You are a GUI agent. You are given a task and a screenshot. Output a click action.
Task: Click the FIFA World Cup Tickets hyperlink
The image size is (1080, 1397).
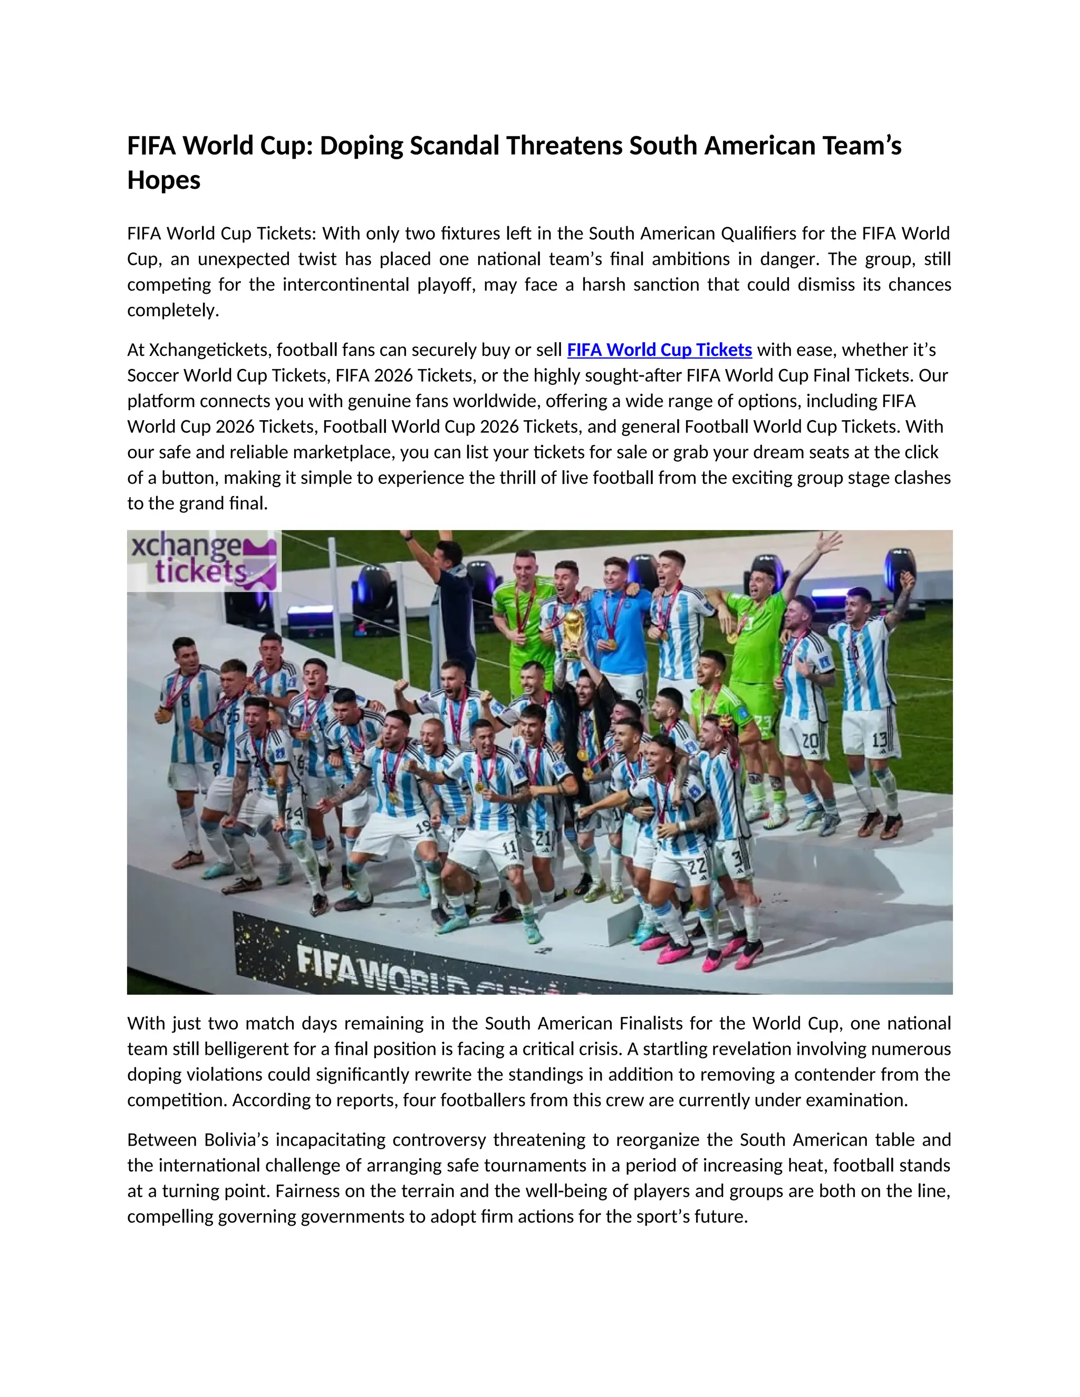click(659, 350)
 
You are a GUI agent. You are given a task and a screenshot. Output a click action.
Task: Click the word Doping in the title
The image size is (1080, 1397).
click(361, 146)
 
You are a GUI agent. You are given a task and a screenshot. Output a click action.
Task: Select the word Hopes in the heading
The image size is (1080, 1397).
click(164, 180)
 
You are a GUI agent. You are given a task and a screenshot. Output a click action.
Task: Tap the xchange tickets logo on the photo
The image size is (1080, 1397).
click(204, 561)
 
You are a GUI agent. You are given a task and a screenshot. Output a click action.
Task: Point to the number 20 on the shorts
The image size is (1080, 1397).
click(809, 741)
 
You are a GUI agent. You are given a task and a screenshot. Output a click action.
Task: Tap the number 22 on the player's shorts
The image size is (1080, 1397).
click(697, 866)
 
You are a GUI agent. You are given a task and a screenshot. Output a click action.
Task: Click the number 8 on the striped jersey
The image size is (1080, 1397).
click(185, 698)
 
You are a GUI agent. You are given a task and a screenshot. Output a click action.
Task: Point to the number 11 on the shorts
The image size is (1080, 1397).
click(509, 848)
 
